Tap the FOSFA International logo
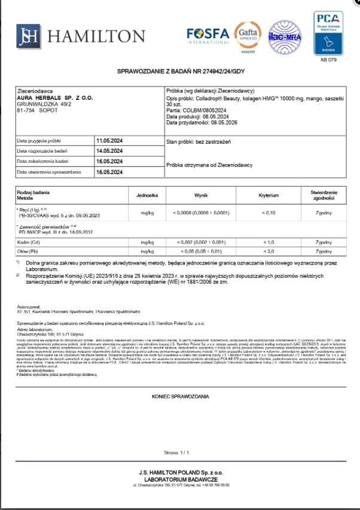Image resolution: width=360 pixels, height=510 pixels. pos(208,36)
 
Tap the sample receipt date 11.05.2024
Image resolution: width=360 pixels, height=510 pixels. pos(109,141)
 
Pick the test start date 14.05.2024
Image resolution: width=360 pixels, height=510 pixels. pos(109,151)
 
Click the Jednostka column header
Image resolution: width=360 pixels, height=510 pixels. pos(147,196)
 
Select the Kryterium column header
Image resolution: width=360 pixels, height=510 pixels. pos(269,196)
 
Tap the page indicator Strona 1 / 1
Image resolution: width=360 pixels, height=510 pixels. pos(179,453)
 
